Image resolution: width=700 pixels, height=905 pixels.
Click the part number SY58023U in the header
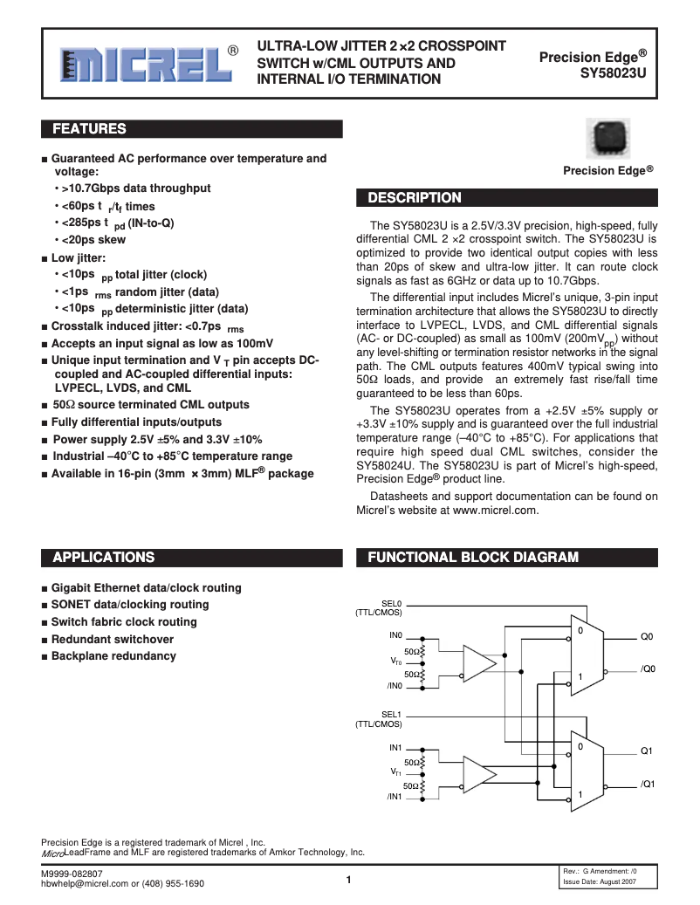614,74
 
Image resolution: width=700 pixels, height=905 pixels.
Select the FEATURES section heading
90,129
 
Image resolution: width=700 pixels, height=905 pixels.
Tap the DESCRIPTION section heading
413,198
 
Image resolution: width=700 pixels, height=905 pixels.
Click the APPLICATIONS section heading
104,557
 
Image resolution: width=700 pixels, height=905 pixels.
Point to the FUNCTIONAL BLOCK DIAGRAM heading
472,557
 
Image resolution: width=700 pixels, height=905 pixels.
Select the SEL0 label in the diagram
391,603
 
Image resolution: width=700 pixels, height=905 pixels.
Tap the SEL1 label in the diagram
391,714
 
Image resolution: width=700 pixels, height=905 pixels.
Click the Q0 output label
647,637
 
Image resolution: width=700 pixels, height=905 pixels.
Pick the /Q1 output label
648,784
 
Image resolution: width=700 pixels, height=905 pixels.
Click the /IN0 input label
394,686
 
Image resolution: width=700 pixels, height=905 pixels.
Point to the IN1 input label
395,748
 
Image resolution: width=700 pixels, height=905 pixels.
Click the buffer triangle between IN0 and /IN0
477,663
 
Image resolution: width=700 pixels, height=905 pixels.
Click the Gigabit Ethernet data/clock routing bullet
146,588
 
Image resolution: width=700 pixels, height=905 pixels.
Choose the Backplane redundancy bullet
113,656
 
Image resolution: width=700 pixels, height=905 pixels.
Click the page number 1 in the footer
348,880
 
